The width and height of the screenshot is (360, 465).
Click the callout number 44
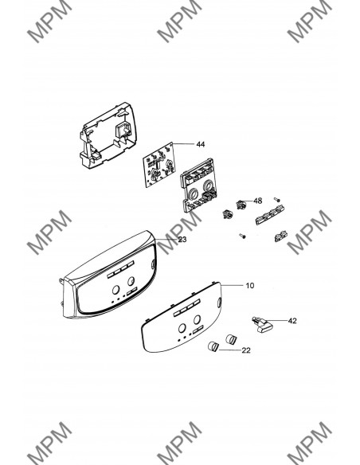pos(201,144)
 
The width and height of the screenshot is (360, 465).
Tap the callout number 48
pos(258,201)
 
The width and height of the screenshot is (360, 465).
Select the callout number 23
pos(182,240)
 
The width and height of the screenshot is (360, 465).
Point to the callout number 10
pos(249,286)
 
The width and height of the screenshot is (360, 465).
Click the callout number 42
pos(292,321)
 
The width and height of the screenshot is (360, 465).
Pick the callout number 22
pos(246,350)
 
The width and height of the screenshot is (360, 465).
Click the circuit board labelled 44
pos(159,165)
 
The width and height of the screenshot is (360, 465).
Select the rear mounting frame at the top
pos(108,135)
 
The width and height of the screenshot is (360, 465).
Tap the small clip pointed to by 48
pos(241,204)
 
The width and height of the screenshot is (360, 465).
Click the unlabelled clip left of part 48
pos(227,213)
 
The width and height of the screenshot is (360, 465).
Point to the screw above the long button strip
pos(277,200)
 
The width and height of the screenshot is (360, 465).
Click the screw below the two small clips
pos(243,236)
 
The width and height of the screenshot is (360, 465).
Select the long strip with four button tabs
pos(270,214)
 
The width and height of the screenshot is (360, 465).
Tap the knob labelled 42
pos(262,325)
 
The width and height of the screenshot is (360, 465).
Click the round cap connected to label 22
pos(213,346)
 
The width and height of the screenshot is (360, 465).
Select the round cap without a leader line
pos(231,339)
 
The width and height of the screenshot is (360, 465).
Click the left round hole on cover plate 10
pos(182,328)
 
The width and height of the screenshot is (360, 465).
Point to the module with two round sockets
pos(199,186)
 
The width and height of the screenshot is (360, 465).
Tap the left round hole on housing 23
pos(116,290)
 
